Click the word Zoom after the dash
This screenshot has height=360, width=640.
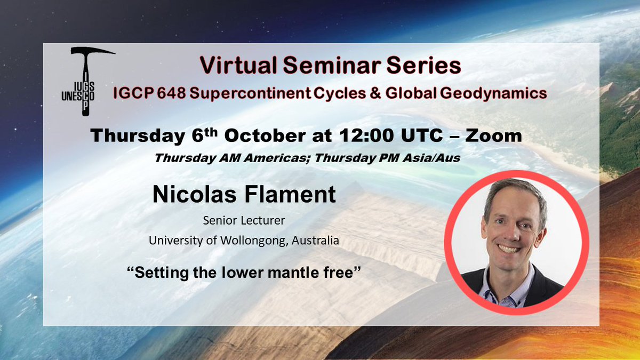(x=493, y=135)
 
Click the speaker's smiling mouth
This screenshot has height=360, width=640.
(x=509, y=249)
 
